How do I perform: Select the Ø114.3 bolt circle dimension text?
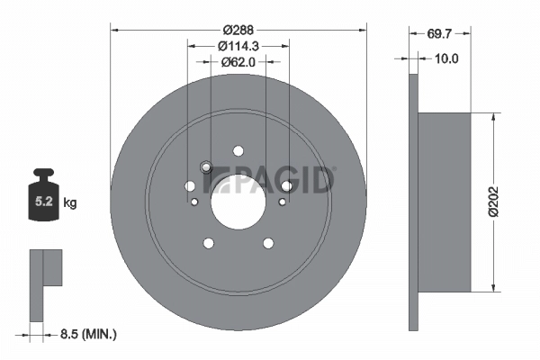click(x=238, y=46)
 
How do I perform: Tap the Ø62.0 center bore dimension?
click(x=238, y=63)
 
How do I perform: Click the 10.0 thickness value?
click(x=447, y=59)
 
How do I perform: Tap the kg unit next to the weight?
click(x=69, y=203)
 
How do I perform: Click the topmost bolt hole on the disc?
click(x=238, y=151)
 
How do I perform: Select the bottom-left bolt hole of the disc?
click(x=209, y=243)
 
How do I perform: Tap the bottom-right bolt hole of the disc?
click(x=267, y=243)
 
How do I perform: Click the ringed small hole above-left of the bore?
click(x=205, y=167)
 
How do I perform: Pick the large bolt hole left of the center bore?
click(x=190, y=186)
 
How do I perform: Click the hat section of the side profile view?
click(x=445, y=202)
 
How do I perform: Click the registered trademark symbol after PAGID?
click(x=335, y=169)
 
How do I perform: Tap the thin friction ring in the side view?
click(x=414, y=202)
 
